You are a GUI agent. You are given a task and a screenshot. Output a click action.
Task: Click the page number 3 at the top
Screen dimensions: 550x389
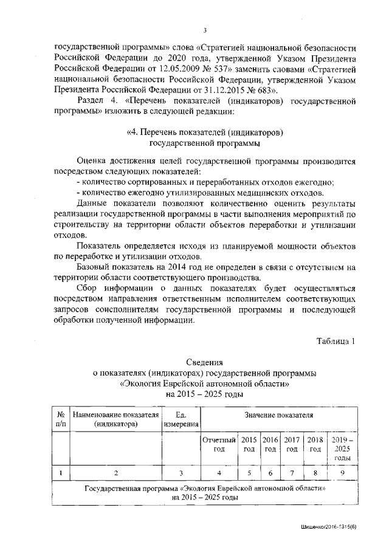[x=204, y=31]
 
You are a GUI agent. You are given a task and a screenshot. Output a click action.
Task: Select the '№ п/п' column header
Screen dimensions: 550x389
[x=61, y=419]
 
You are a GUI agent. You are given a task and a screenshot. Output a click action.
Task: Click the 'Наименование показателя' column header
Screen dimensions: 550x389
[x=116, y=419]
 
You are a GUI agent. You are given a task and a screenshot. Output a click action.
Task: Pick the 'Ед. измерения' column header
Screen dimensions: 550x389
[x=181, y=419]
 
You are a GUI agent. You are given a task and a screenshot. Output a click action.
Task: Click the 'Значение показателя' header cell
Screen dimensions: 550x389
[x=279, y=415]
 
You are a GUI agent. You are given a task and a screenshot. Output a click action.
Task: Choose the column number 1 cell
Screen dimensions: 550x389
[x=61, y=472]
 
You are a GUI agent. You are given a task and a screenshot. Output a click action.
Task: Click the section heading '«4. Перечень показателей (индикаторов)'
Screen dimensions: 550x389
[x=204, y=132]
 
